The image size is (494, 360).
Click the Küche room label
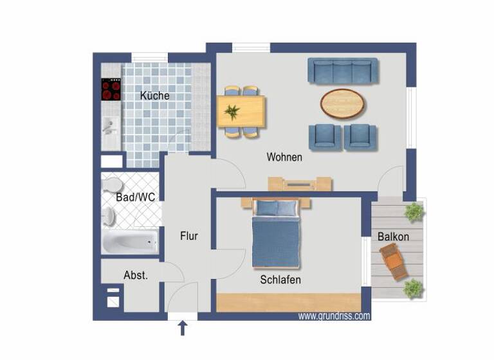point(155,96)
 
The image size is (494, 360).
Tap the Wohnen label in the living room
point(284,157)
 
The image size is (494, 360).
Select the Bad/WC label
point(135,197)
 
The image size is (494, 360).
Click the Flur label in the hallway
point(188,237)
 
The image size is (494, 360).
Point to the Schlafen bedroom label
point(280,280)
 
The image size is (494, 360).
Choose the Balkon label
point(393,237)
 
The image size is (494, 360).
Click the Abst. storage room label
point(136,275)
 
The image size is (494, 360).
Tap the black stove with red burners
point(111,89)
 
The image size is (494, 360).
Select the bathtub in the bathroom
point(130,242)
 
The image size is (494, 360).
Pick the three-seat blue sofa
point(343,71)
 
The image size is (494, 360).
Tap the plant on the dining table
point(232,112)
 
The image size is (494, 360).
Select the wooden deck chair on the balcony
point(394,263)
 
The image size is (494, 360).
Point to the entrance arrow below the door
point(183,328)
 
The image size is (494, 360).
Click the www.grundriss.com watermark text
point(334,316)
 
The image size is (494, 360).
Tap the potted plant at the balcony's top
point(414,211)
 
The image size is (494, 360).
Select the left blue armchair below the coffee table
point(325,137)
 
